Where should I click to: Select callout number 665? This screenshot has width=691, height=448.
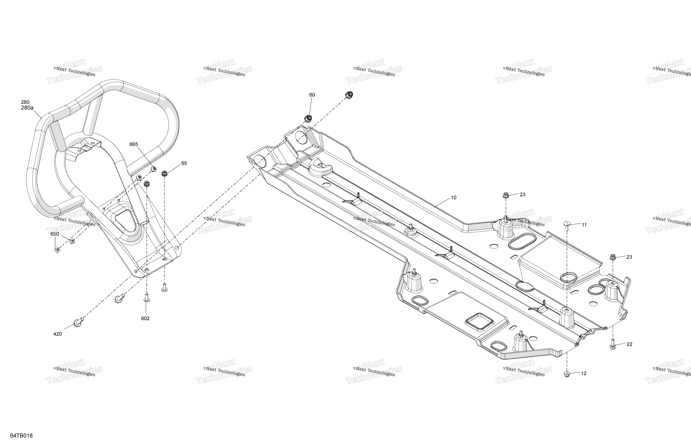134,144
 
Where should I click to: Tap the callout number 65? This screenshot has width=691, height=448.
184,163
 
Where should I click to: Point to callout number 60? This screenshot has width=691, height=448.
312,95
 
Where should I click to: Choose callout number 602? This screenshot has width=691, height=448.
145,319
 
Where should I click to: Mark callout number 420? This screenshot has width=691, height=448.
57,334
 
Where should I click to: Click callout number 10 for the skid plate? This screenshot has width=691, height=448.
453,198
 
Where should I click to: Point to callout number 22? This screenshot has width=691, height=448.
629,344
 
